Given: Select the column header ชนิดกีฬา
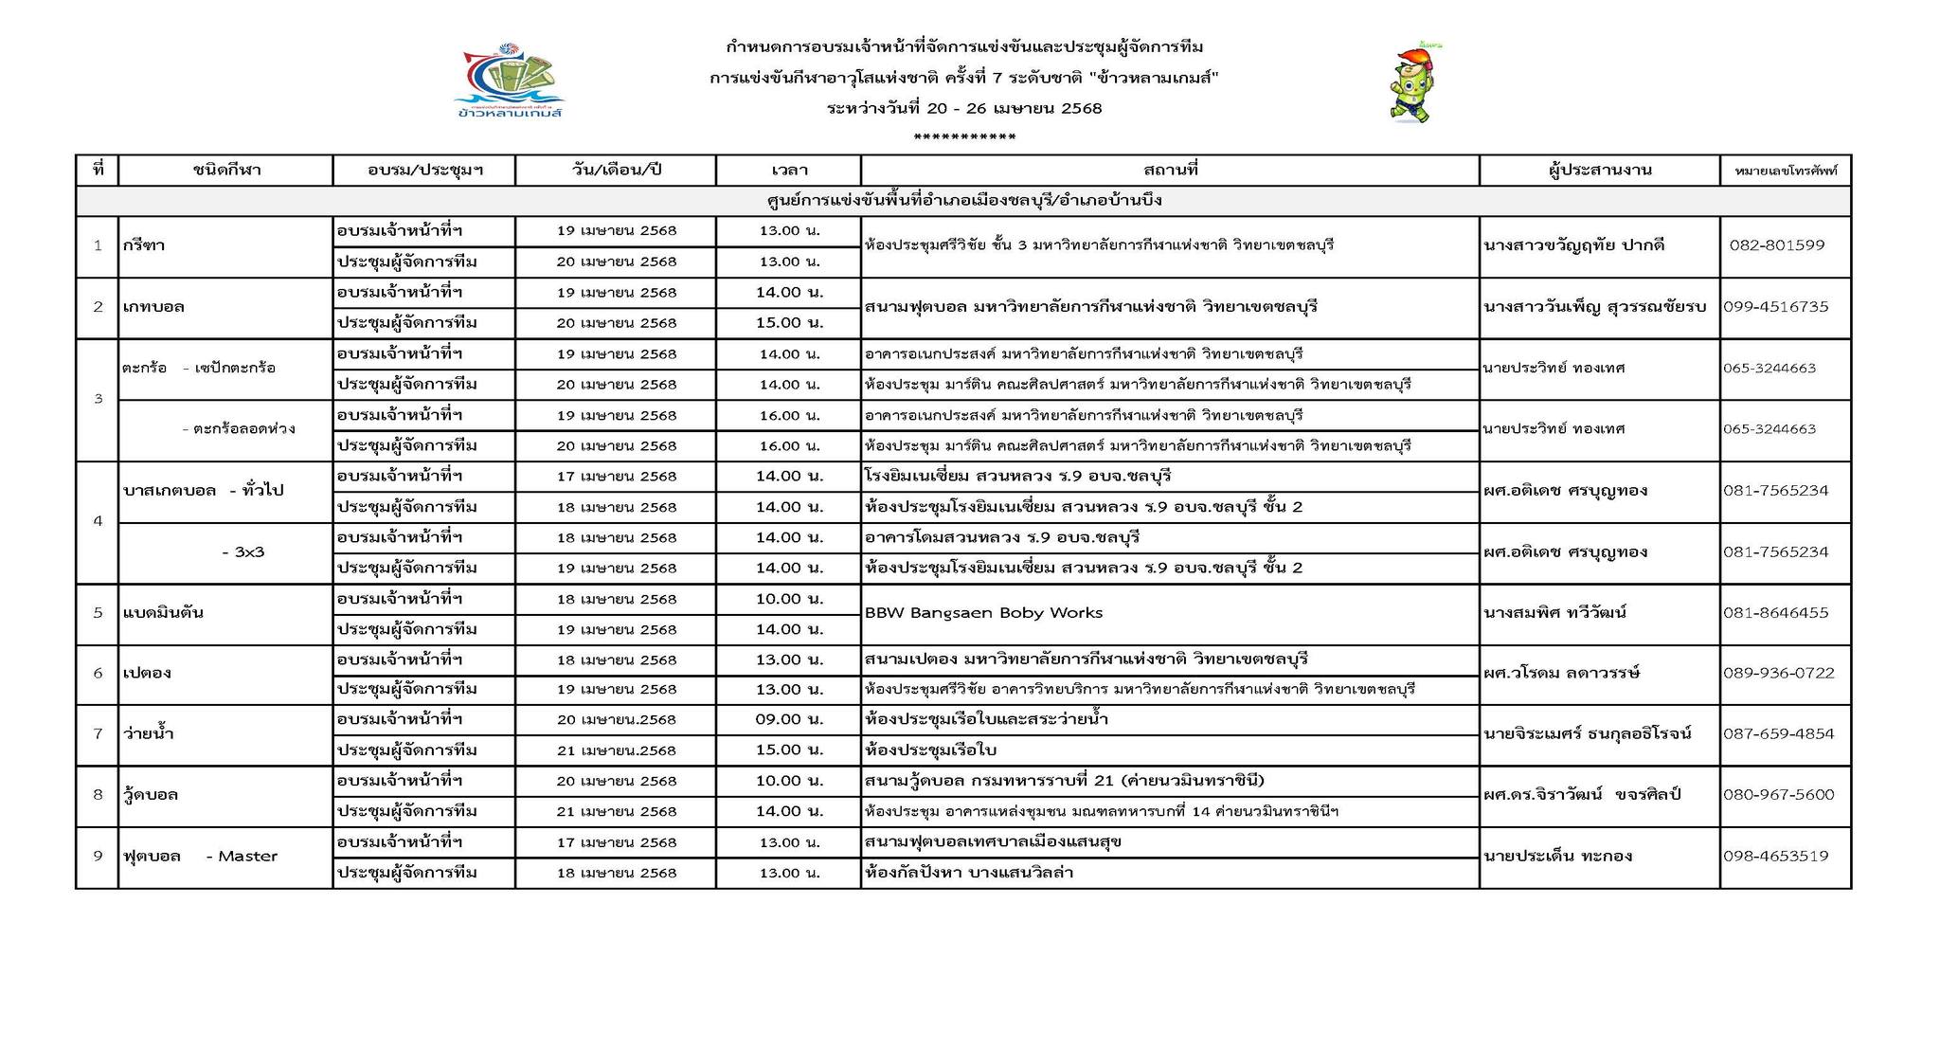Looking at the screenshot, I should pos(225,171).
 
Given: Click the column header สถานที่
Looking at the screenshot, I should pos(1170,171).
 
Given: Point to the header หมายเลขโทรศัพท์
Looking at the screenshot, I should pos(1785,172).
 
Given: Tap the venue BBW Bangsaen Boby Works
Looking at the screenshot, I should pos(983,613).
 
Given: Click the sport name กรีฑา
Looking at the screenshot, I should pos(144,245).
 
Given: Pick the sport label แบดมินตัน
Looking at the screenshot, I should pos(164,613).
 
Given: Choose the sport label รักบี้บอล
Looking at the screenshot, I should pos(151,795).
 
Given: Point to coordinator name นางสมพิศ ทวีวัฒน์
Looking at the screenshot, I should pos(1554,613).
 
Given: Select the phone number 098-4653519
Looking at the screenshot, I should pos(1775,857).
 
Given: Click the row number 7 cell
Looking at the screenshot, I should pos(98,734).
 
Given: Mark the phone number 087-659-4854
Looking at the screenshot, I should pos(1778,734).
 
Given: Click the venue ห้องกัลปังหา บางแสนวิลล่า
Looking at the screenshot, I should pos(968,873).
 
